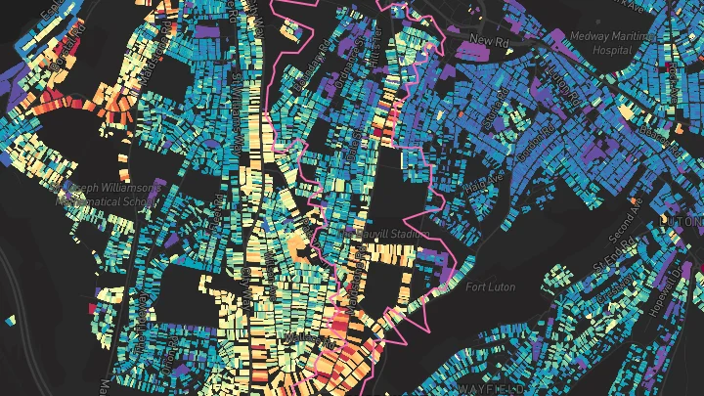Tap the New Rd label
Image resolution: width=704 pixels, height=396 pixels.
tap(485, 40)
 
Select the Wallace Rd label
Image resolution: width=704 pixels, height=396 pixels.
tap(294, 337)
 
